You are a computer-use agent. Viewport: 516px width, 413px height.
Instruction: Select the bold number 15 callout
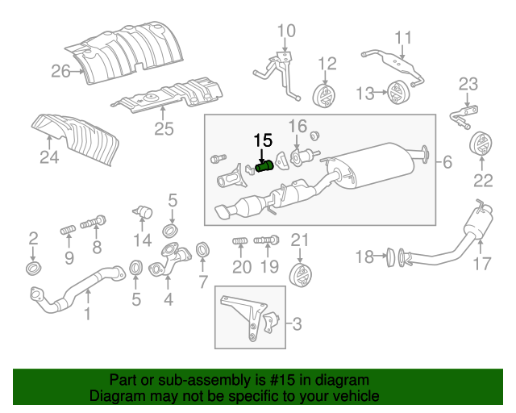(x=263, y=140)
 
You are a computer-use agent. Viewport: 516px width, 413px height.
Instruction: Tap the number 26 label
(x=61, y=71)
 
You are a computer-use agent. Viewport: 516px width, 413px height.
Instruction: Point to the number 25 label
(x=164, y=127)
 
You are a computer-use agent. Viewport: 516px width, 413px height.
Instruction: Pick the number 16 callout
(x=298, y=126)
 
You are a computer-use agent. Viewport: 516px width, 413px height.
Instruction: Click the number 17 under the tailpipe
(x=481, y=263)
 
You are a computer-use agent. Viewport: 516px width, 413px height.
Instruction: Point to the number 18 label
(x=365, y=257)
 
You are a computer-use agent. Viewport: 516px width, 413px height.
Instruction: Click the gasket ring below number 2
(x=33, y=268)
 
